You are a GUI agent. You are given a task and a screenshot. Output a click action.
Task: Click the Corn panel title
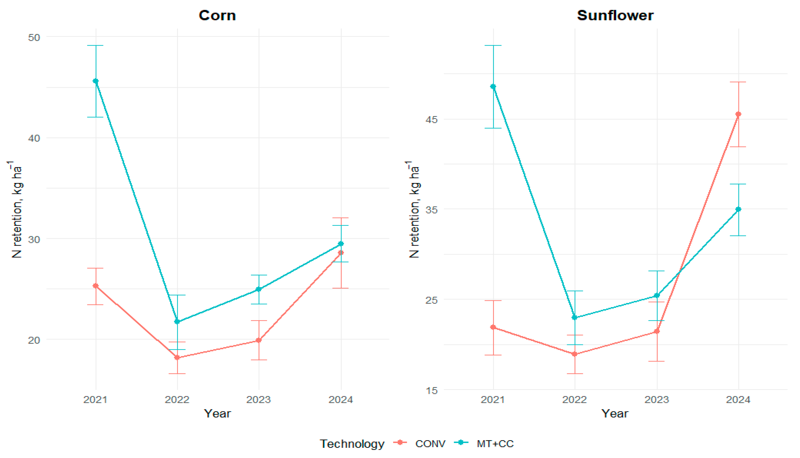coord(217,15)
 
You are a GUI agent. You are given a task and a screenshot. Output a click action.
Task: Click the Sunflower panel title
coord(615,15)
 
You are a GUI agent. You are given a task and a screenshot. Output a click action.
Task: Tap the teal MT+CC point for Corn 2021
coord(96,81)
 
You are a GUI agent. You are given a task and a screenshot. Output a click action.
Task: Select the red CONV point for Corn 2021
coord(96,286)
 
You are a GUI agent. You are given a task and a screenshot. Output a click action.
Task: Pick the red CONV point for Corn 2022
coord(177,358)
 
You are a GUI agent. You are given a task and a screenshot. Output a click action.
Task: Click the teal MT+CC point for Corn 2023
coord(259,289)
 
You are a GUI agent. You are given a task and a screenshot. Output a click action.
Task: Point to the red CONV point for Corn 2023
coord(259,340)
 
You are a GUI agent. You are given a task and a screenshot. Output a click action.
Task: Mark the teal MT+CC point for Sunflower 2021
coord(493,87)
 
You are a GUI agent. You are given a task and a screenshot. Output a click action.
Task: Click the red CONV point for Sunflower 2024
coord(738,114)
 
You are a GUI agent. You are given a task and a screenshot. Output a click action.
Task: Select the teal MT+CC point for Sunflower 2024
coord(738,209)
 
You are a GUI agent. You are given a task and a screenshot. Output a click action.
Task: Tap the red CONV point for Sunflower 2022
coord(575,354)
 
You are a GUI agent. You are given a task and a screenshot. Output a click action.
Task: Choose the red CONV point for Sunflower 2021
coord(493,327)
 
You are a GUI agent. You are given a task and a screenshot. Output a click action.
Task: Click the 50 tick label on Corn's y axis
coord(34,37)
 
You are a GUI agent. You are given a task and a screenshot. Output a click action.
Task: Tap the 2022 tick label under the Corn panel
coord(177,400)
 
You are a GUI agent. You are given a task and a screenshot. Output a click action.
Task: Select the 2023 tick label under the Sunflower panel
coord(657,400)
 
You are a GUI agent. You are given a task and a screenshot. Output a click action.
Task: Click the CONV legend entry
coord(420,444)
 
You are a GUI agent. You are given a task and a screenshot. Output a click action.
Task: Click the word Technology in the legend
coord(352,444)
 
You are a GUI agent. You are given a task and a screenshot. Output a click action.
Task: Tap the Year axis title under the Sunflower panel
coord(615,413)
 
